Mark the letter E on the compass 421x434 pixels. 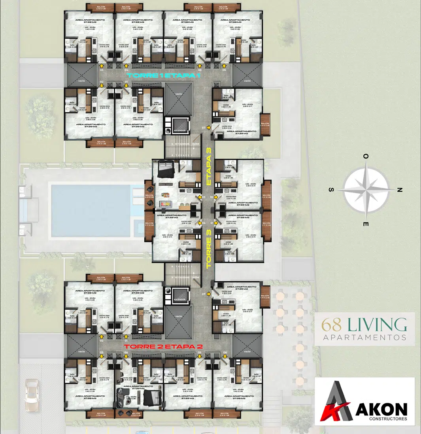[x=366, y=224]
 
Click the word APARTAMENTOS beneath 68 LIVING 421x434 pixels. [x=364, y=337]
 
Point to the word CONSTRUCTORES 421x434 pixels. [x=382, y=418]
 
